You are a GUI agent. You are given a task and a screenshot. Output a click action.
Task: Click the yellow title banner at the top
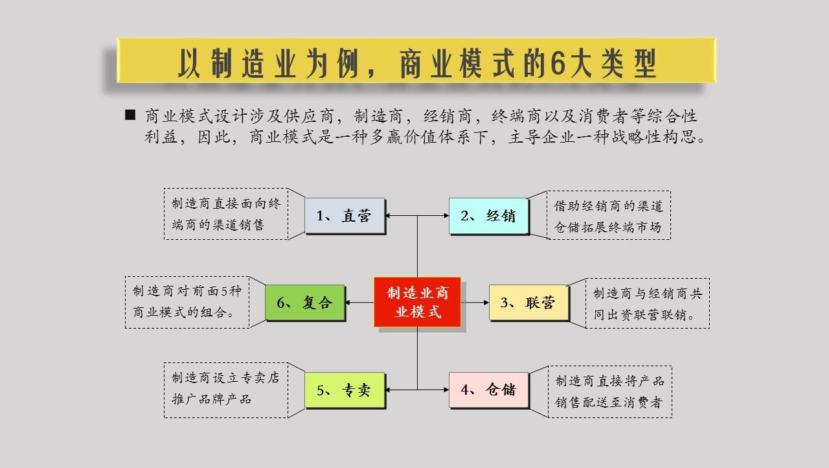coord(416,60)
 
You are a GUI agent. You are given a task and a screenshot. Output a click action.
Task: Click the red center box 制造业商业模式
coord(417,302)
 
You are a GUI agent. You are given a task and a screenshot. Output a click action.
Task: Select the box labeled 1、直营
coord(345,216)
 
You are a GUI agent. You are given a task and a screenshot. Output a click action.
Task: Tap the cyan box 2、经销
coord(489,216)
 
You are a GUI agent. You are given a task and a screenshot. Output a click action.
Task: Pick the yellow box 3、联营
coord(528,303)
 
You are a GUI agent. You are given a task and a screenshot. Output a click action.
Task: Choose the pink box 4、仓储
coord(489,390)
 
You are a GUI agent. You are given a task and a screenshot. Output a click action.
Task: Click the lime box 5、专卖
coord(345,390)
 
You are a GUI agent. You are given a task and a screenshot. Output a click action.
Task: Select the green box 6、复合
coord(305,303)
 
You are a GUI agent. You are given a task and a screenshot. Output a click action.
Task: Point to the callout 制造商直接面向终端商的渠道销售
coord(225,215)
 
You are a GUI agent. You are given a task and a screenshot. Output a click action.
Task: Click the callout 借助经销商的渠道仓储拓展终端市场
coord(609,215)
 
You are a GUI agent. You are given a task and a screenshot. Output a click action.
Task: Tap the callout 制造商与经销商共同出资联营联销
coord(648,303)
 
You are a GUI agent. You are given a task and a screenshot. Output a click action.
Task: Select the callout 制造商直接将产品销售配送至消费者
coord(609,391)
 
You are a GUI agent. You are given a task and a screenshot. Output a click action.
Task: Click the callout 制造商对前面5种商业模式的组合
coord(187,301)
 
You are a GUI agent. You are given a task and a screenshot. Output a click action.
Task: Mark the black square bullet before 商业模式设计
coord(130,115)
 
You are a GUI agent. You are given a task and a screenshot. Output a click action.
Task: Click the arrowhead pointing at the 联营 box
coord(486,303)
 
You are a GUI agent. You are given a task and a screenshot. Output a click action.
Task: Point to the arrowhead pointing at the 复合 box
coord(350,303)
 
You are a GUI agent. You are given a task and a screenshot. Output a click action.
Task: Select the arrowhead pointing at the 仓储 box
coord(446,390)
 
